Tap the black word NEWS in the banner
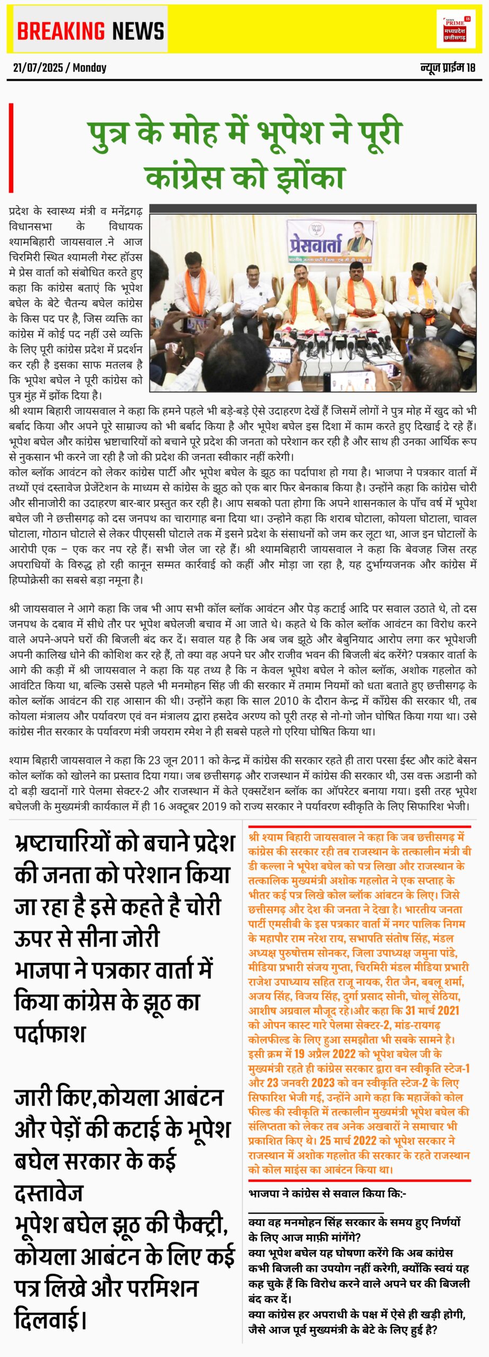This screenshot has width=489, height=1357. pos(138,31)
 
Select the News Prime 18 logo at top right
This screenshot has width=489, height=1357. pos(456,29)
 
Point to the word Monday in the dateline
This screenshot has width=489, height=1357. pos(90,68)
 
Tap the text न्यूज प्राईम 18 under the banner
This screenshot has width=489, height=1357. pos(448,68)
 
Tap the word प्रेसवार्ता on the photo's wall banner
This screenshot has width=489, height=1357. pos(315,242)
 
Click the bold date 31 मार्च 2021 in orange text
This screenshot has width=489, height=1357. pos(432,1010)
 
